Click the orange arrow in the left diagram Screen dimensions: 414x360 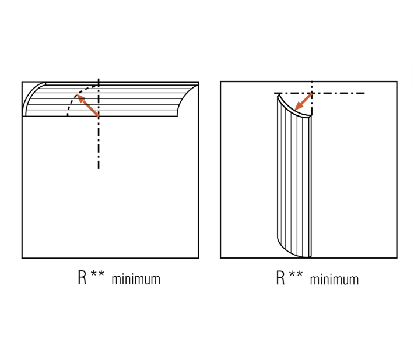point(87,105)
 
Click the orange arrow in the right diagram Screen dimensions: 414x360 point(303,101)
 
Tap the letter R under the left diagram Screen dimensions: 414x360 point(82,277)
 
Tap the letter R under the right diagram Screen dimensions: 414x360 point(280,278)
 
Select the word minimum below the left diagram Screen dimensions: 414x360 point(136,280)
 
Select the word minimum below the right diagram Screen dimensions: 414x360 point(334,280)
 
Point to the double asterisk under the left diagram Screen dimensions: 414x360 point(97,273)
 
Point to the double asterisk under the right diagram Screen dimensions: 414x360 point(296,274)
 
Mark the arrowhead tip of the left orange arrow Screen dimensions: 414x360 point(76,94)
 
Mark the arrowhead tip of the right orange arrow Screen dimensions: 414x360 point(294,110)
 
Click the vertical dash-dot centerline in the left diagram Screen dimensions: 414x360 point(99,123)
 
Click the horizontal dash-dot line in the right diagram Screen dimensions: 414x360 point(320,93)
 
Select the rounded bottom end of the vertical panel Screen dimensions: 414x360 point(294,251)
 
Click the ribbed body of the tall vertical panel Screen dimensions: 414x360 point(294,177)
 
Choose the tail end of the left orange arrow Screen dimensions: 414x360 point(99,116)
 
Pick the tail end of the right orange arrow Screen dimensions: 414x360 point(312,93)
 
